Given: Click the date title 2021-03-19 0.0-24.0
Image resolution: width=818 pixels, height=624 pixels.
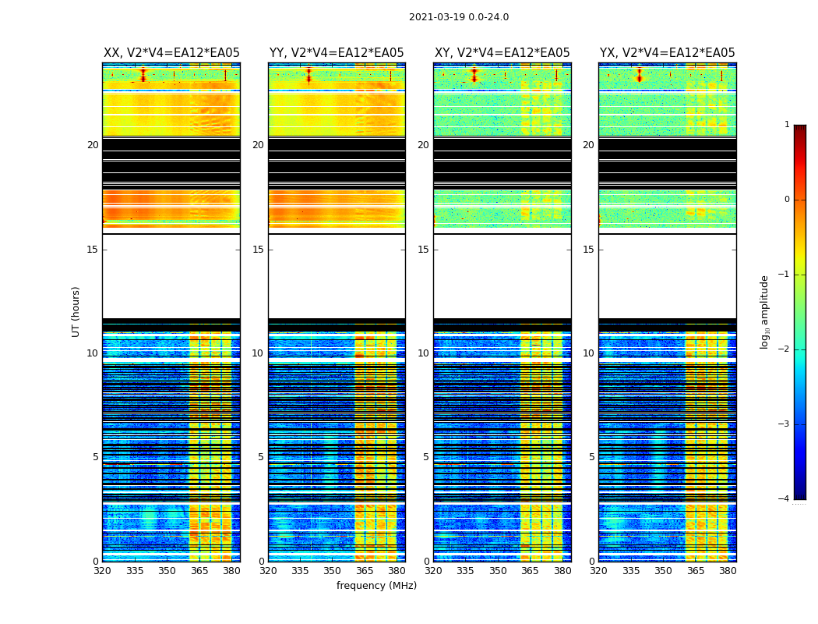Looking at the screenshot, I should [x=459, y=17].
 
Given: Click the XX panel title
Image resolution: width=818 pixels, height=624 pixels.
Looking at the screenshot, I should [x=171, y=53].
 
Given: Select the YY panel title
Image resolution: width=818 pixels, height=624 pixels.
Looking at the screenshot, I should [x=337, y=53].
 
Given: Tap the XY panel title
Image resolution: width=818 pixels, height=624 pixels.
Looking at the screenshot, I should [x=502, y=53].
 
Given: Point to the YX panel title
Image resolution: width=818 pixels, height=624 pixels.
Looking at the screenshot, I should [x=668, y=53].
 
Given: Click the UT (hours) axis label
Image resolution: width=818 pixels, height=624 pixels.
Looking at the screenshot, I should [x=76, y=311].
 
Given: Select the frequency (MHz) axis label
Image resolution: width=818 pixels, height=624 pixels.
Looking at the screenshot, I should [x=376, y=586].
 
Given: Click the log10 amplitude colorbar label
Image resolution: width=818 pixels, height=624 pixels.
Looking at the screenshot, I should [x=765, y=311].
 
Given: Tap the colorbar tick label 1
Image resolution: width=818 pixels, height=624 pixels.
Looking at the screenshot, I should [x=787, y=125].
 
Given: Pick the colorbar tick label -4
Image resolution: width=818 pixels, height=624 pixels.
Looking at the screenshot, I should [x=785, y=499].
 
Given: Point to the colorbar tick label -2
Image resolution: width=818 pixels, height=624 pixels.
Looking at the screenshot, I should [x=785, y=349].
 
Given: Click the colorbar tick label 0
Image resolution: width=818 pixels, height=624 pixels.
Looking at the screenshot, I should [x=787, y=200].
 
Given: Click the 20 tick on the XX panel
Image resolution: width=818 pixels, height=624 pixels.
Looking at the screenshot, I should [x=93, y=145].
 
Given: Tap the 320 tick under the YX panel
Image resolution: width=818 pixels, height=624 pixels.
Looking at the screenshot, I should [x=598, y=571].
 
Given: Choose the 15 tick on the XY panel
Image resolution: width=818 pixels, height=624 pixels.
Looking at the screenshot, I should [x=423, y=250].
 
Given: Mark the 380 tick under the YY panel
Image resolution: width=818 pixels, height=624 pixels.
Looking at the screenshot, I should [x=397, y=571].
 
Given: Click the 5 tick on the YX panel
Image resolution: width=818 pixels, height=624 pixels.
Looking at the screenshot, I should [x=591, y=457].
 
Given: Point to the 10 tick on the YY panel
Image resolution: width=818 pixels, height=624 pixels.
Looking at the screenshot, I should [x=258, y=353].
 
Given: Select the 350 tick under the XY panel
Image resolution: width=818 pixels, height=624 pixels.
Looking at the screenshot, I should [x=498, y=571].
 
